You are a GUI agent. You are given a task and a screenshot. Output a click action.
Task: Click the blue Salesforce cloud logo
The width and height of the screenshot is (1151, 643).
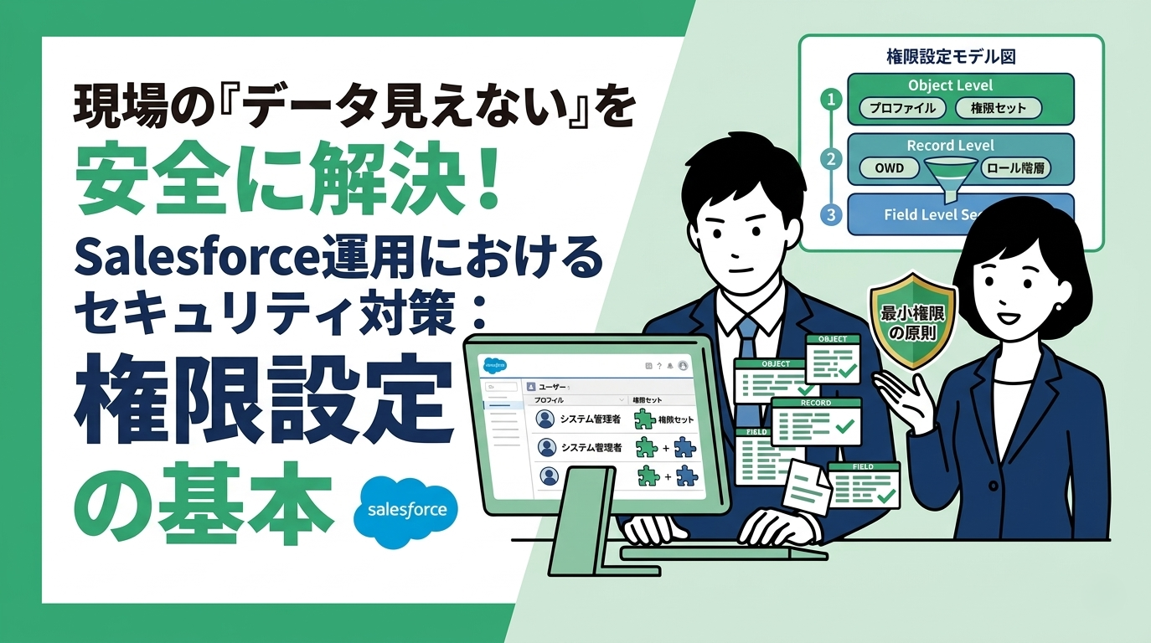pyautogui.click(x=407, y=511)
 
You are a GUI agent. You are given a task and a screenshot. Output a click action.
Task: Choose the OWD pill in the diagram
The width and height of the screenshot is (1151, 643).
pyautogui.click(x=889, y=168)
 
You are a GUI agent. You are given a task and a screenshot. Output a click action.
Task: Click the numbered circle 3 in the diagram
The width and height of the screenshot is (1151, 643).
pyautogui.click(x=831, y=215)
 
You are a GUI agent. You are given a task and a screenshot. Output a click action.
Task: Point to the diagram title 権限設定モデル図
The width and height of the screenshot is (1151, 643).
pyautogui.click(x=951, y=58)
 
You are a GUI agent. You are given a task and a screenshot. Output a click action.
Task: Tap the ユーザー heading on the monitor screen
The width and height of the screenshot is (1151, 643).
pyautogui.click(x=552, y=388)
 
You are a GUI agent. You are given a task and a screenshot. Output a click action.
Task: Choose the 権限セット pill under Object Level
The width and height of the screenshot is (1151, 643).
pyautogui.click(x=998, y=109)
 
